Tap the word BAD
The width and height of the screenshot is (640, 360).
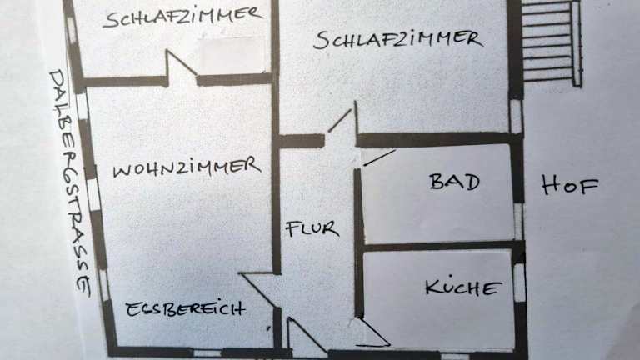454,182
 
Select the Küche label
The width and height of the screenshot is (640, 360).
463,288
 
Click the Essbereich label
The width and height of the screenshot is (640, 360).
185,309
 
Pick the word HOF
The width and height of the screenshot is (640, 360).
570,186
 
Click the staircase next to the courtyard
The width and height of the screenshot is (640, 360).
550,41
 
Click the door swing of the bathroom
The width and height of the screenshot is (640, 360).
379,157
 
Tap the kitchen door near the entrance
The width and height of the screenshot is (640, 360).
372,332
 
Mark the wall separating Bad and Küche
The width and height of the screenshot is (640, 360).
437,246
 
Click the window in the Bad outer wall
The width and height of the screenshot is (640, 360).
517,222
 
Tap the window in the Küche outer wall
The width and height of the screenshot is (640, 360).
519,282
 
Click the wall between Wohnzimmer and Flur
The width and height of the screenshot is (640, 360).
276,208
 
